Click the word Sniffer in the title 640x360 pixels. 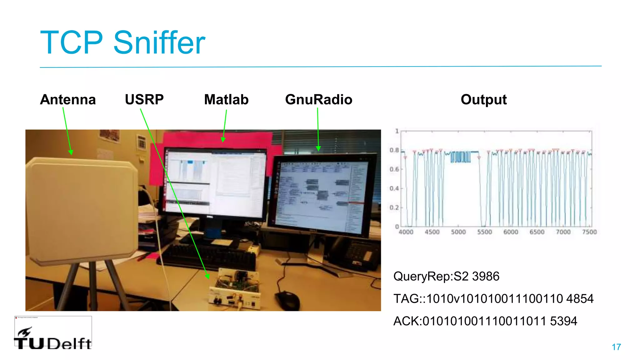159,43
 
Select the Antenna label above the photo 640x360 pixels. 68,100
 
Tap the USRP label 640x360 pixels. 144,100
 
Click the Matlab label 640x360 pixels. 226,100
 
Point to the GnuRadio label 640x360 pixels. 318,100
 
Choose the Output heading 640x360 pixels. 483,100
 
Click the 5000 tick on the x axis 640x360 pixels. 458,232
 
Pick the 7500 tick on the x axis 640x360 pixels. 589,232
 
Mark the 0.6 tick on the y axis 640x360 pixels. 394,169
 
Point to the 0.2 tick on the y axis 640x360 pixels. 394,208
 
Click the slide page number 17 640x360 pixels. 616,347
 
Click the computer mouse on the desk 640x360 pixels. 287,300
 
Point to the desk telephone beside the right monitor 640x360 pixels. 356,253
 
